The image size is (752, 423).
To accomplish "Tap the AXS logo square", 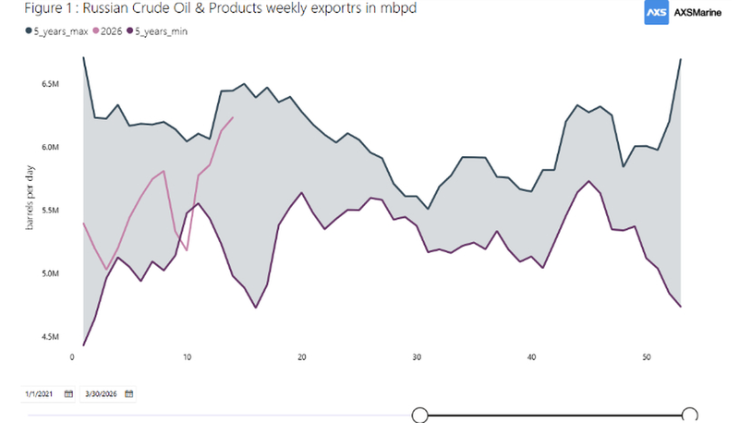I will tap(656, 12).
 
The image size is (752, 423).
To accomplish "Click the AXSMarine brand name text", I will tap(697, 13).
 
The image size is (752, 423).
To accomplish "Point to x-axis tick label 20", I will tap(301, 357).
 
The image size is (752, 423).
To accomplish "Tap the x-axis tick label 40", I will tap(531, 357).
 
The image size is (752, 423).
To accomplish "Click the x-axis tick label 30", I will tap(417, 357).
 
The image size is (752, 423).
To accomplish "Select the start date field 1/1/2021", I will tap(40, 394).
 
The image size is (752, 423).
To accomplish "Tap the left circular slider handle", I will tap(419, 415).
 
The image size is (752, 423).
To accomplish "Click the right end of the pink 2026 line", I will tap(233, 117).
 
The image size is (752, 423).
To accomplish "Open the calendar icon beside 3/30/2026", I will tap(129, 394).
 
